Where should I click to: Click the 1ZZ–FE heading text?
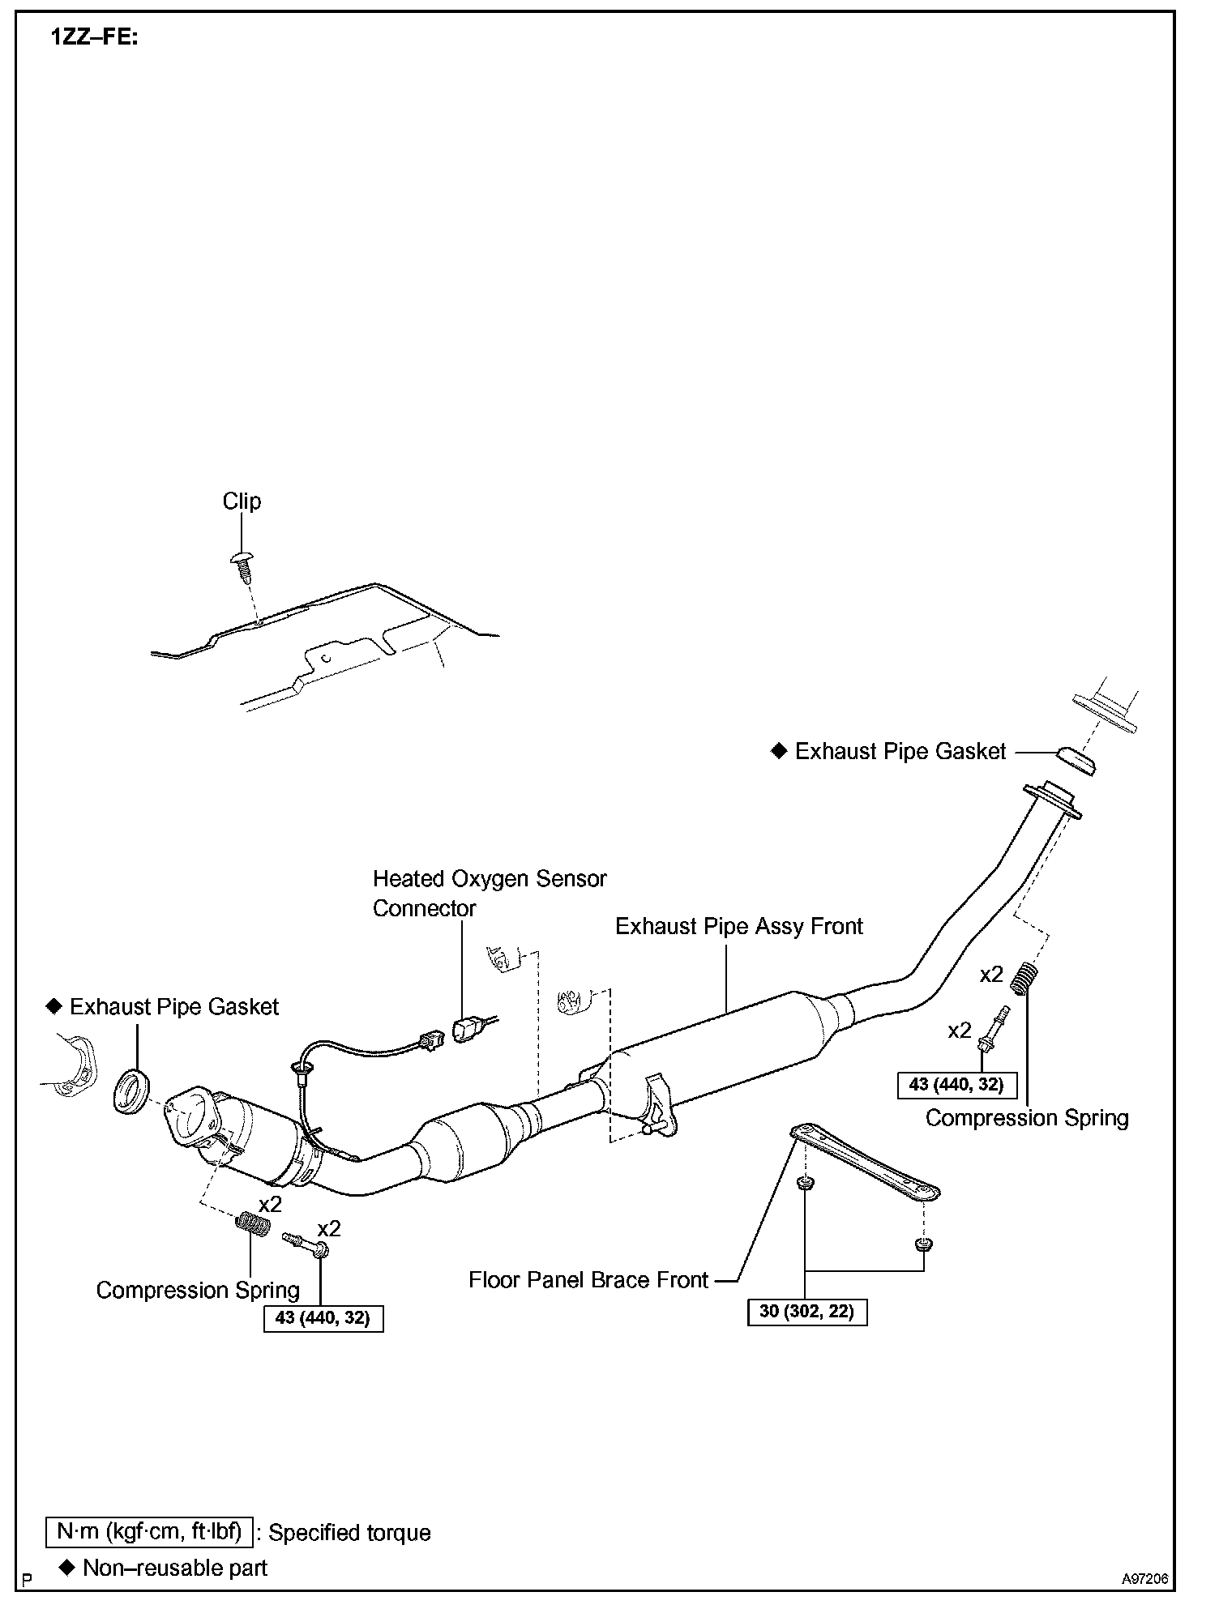pos(95,37)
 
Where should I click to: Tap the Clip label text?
pos(242,501)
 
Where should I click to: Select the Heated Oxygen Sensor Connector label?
pos(489,893)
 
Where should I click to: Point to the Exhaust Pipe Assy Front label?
pos(738,926)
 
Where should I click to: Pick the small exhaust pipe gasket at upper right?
pos(1076,761)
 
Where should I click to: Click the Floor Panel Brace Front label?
pos(588,1280)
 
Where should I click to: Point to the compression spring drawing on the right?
pos(1026,976)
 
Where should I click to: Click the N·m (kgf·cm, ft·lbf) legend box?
pos(149,1531)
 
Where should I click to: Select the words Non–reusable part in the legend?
pos(175,1568)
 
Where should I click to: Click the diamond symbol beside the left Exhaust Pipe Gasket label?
pos(54,1006)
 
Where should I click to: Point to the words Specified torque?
pos(349,1533)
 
